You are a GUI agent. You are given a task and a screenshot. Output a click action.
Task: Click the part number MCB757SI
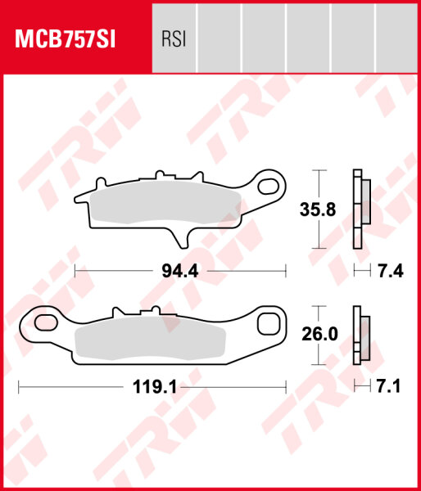click(x=64, y=38)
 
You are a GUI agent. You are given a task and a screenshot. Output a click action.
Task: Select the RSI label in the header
click(x=173, y=38)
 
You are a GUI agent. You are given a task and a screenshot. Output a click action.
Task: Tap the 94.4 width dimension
click(x=181, y=270)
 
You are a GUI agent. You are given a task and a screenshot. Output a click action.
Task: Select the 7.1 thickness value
click(x=392, y=387)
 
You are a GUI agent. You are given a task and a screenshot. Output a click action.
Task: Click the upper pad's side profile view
click(x=359, y=209)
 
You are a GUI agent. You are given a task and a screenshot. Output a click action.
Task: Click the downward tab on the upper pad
click(x=182, y=235)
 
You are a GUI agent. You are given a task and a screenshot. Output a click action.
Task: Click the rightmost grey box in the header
click(x=397, y=38)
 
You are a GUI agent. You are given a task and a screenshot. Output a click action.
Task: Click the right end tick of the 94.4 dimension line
click(x=285, y=270)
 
